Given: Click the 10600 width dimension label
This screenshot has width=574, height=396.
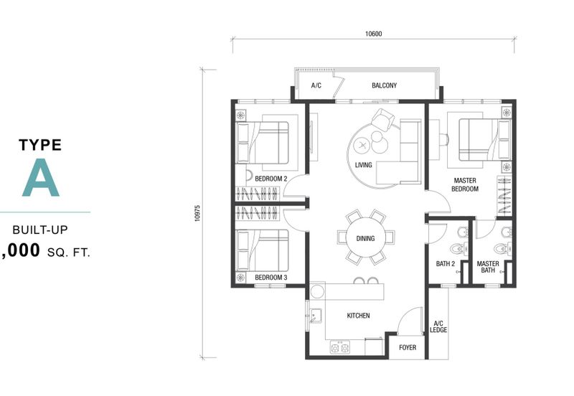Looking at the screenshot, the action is coord(373,34).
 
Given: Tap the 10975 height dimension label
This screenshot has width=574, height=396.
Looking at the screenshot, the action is coord(198,213).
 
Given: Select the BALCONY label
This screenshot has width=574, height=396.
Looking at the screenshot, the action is coord(384,85).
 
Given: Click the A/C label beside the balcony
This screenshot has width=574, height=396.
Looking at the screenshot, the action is coord(316,85).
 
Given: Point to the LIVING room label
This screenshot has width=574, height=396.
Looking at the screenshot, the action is coord(363,165).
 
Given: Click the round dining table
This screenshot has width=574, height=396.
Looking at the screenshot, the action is coord(366,239).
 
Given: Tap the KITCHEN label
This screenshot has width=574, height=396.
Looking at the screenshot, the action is coord(358,316).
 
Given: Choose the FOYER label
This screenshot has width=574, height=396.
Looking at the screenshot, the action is coord(408,347).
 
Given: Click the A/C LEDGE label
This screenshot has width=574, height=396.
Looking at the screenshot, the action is coord(438,326).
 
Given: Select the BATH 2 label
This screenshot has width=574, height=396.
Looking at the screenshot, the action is coord(446,263).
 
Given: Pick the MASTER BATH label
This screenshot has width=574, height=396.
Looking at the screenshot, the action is coord(488,267).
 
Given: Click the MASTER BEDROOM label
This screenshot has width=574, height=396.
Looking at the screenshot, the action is coord(465,185).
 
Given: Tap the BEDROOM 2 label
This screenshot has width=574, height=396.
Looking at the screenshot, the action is coord(271,179).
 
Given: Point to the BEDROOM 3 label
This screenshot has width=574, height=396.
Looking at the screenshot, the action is coord(271,278).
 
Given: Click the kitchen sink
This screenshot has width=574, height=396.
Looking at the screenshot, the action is coord(315,316).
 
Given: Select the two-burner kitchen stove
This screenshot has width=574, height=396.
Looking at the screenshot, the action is coord(340,347).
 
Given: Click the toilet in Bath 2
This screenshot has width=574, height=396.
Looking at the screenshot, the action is coord(458,249).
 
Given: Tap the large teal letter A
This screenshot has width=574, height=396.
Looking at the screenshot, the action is coord(41,177).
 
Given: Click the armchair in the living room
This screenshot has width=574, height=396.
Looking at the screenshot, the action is coord(383,119).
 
